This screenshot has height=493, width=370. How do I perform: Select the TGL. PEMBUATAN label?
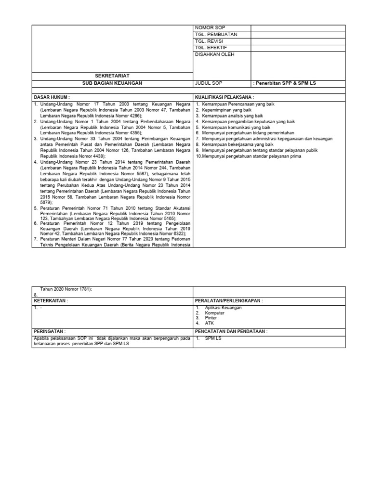click(216, 35)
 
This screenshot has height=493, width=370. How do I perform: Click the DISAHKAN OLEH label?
click(214, 55)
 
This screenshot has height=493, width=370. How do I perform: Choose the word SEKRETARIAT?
click(112, 76)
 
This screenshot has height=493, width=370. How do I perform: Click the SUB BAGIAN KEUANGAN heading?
click(112, 83)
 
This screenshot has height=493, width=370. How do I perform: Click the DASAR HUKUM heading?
click(52, 97)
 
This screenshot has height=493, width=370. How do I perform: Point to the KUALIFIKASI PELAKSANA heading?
click(225, 97)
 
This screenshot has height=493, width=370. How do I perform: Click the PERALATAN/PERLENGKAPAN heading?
click(229, 300)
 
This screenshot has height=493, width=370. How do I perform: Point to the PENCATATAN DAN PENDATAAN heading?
click(231, 332)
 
